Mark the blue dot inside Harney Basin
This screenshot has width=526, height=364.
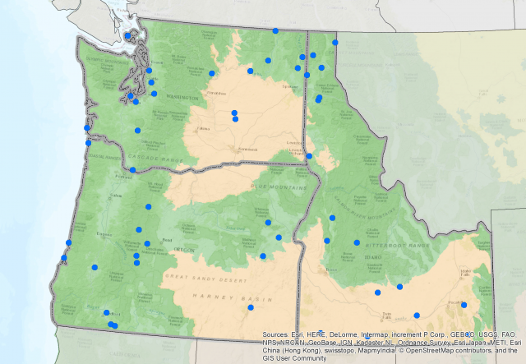click(251, 307)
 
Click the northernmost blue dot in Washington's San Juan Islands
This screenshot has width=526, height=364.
click(128, 35)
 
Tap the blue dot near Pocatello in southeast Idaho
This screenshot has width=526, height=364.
click(464, 305)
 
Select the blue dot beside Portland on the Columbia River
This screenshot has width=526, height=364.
click(132, 170)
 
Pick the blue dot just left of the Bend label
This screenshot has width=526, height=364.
click(147, 243)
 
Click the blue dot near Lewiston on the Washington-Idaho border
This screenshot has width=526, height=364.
click(309, 155)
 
